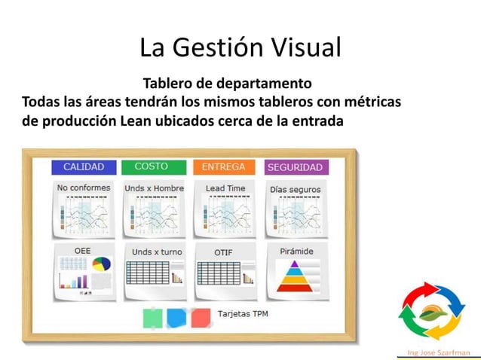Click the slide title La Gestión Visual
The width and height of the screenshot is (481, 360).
240,47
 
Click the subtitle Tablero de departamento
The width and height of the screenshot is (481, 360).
227,81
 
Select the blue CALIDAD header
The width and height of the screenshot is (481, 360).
84,167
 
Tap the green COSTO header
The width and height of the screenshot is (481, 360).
151,166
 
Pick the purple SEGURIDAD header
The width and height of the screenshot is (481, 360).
295,167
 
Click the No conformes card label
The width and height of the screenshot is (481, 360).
83,188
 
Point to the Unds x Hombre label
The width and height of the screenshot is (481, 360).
154,188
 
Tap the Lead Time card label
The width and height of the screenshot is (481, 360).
225,188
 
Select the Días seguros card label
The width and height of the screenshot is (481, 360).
295,189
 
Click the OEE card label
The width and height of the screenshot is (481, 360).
82,249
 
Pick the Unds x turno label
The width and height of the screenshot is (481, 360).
157,252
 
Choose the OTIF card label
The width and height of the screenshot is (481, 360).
223,252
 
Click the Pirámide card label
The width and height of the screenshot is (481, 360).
296,251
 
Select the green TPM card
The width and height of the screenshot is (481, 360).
152,318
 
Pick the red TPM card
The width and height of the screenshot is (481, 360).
200,318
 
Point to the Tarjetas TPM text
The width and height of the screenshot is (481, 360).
242,313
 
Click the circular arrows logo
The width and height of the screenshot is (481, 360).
432,312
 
